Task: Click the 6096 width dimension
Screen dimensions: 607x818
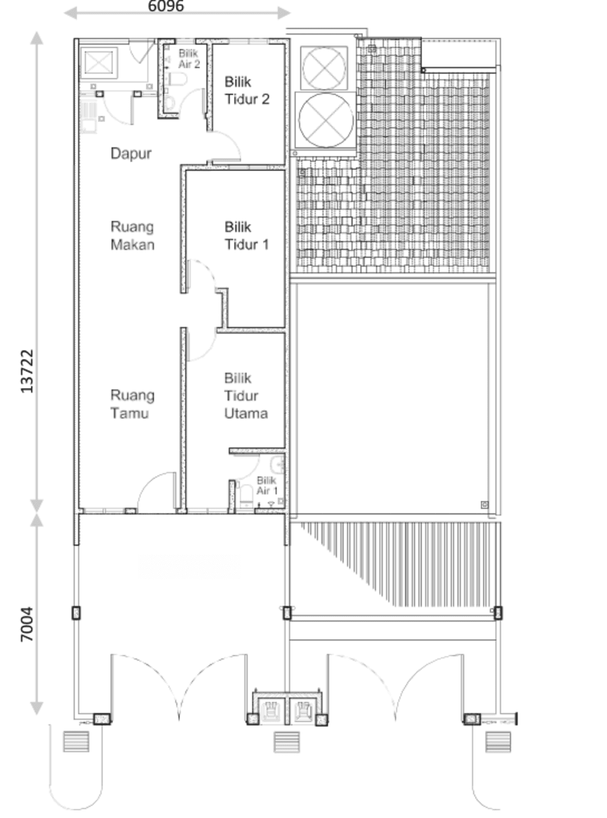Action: pos(166,6)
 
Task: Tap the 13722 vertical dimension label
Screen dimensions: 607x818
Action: pos(27,371)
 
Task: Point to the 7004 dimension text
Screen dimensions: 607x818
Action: pos(27,624)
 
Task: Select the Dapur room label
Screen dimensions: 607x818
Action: pos(131,153)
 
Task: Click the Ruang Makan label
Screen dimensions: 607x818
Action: pos(133,236)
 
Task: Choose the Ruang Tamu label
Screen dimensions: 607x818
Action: pos(133,404)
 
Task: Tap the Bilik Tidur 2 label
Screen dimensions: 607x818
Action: pos(247,91)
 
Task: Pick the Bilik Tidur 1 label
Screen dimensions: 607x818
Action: pos(247,236)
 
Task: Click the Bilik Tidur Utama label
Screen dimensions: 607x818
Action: pos(246,396)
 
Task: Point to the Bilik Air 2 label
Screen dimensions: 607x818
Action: pos(189,59)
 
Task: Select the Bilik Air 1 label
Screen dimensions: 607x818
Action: pos(267,485)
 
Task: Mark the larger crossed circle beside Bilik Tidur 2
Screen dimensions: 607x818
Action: pos(326,120)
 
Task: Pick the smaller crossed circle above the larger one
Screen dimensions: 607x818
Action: pos(324,68)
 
